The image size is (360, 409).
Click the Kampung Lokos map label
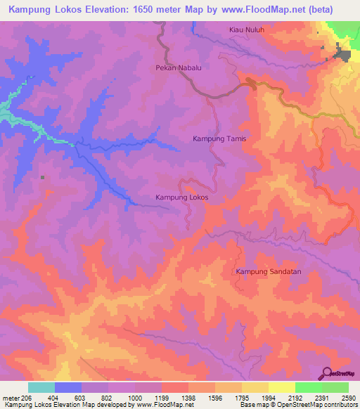pyautogui.click(x=181, y=198)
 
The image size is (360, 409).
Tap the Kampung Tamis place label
pyautogui.click(x=219, y=139)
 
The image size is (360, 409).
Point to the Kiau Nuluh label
pyautogui.click(x=246, y=30)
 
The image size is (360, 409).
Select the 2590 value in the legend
pyautogui.click(x=349, y=397)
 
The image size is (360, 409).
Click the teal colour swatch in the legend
pyautogui.click(x=41, y=387)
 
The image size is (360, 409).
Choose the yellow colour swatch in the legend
pyautogui.click(x=281, y=387)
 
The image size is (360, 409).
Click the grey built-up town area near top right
pyautogui.click(x=344, y=53)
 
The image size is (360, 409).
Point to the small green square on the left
pyautogui.click(x=42, y=177)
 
